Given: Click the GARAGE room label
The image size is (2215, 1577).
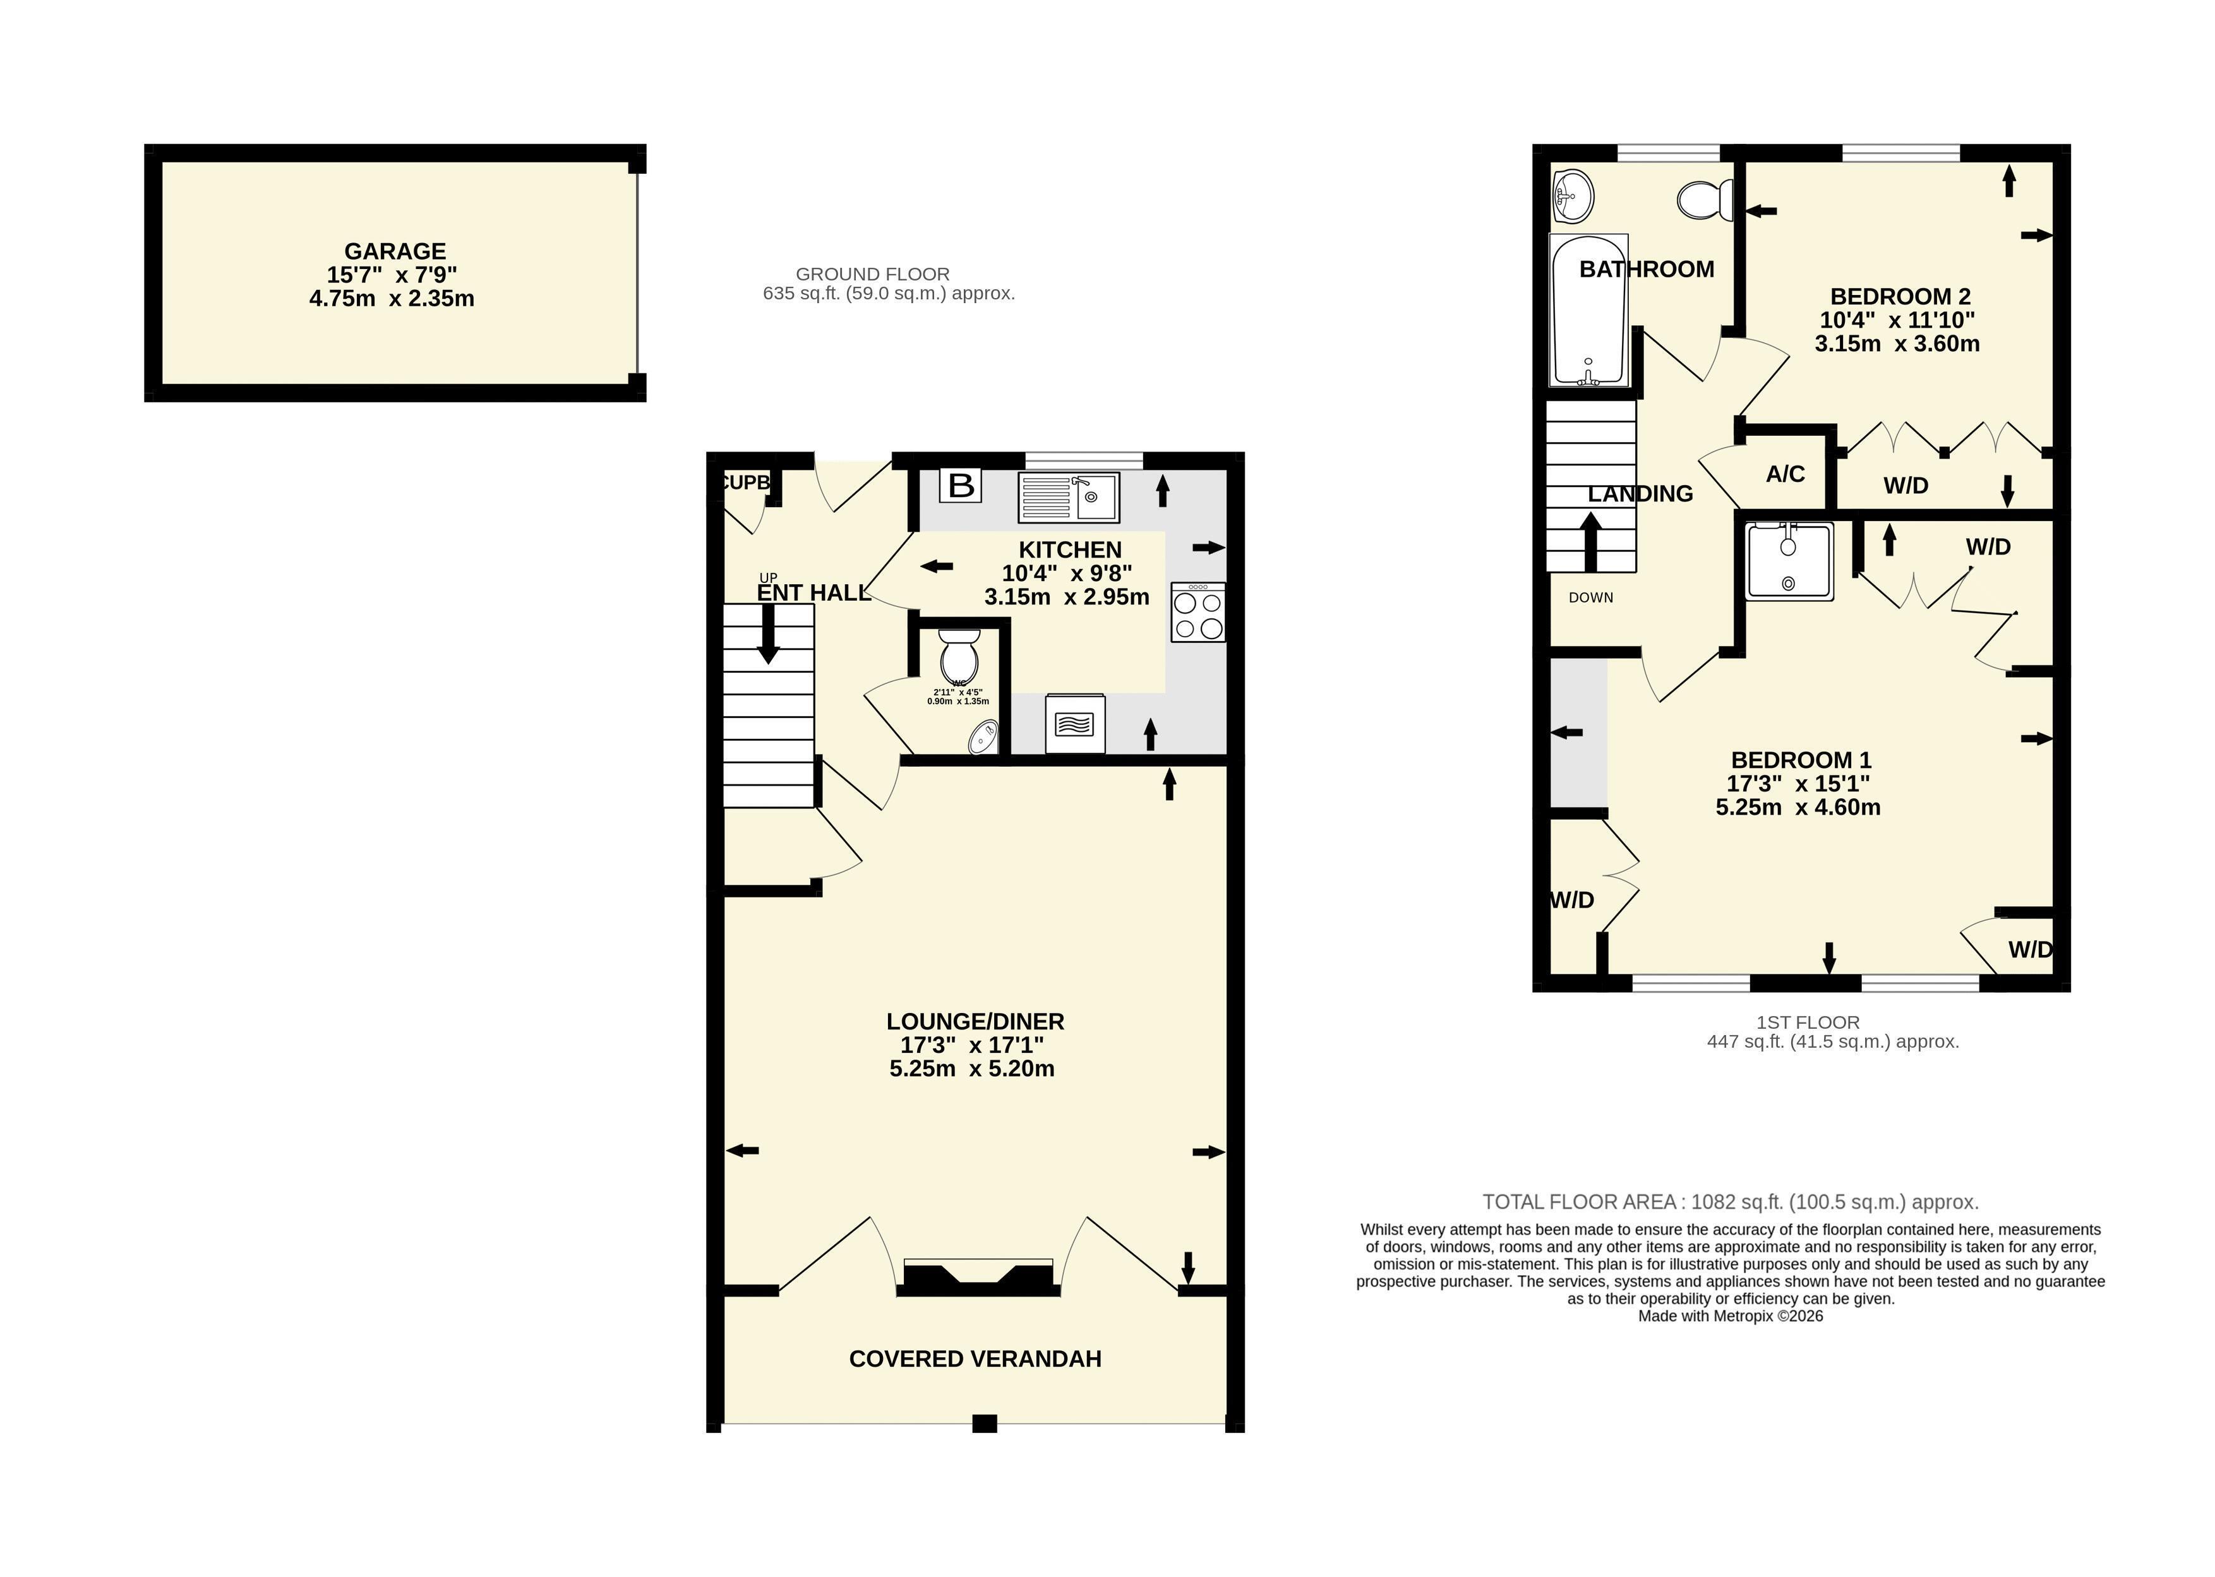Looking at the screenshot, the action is (x=395, y=251).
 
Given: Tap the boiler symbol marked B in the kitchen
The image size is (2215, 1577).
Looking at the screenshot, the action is (x=961, y=484).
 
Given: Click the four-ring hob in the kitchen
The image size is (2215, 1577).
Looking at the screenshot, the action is (x=1198, y=612).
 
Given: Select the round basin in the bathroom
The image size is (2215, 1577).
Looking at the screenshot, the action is (x=1573, y=196).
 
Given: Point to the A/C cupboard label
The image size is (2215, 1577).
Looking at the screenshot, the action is (x=1785, y=474).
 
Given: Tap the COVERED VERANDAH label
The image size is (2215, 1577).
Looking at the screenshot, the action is (x=975, y=1358).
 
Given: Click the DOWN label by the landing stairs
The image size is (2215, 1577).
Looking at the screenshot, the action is (x=1590, y=597).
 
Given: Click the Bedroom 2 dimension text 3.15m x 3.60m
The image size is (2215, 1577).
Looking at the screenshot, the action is (x=1897, y=343).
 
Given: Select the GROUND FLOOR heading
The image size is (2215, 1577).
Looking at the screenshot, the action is (x=872, y=274).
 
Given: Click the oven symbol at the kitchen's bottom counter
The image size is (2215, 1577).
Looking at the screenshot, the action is (x=1075, y=723).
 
